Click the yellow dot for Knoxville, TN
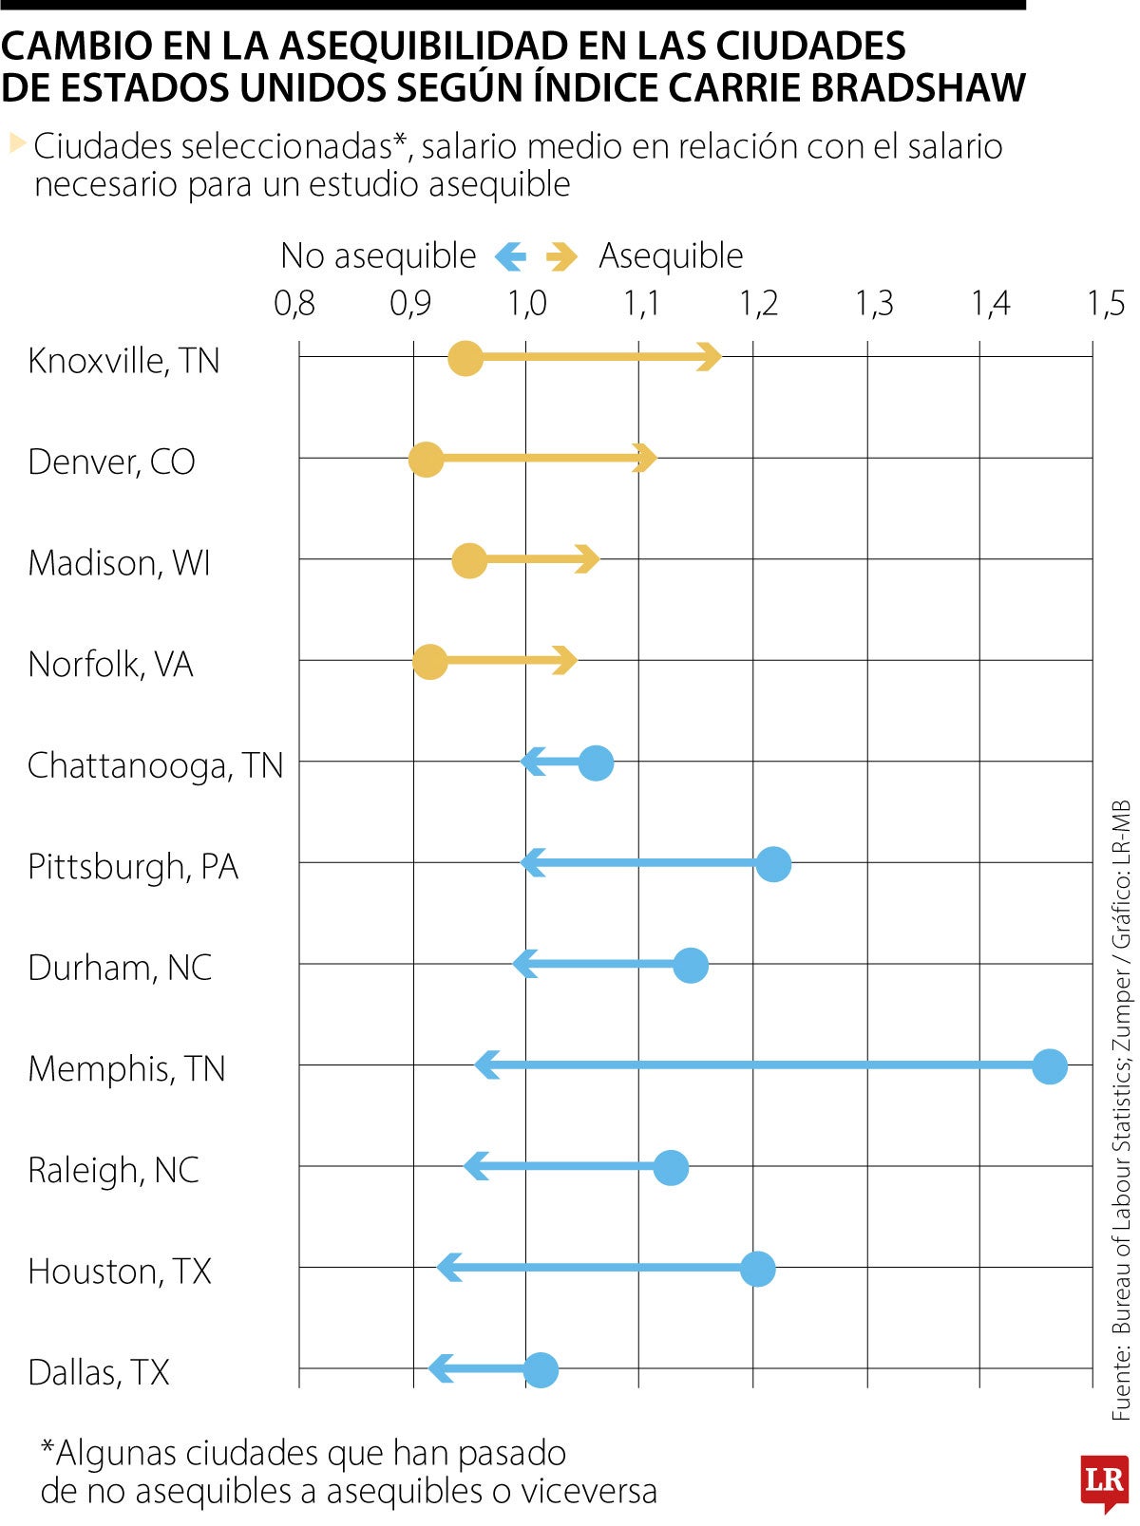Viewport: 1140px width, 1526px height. [x=465, y=359]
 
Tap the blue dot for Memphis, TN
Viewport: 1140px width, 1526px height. [x=1050, y=1066]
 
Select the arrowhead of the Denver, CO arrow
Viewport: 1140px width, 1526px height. [x=645, y=458]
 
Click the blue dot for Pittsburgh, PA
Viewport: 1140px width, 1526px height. [x=774, y=864]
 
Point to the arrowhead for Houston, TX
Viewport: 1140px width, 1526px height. [x=449, y=1268]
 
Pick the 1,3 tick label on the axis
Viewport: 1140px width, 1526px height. [x=874, y=304]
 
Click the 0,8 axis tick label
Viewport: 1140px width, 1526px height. [x=294, y=304]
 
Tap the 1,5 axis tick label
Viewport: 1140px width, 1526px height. [x=1106, y=304]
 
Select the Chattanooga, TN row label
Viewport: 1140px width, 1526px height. [x=155, y=765]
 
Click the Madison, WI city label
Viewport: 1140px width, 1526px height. [x=119, y=563]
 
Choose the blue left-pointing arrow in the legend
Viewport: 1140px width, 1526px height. [x=510, y=255]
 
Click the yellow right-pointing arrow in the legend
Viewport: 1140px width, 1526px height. [x=562, y=256]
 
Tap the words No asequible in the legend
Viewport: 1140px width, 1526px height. [x=378, y=255]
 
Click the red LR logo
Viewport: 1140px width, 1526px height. [x=1104, y=1480]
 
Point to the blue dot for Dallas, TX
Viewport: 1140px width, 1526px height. [x=541, y=1370]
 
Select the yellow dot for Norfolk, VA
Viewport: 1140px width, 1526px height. [x=430, y=662]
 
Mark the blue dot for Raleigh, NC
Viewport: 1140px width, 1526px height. [x=671, y=1167]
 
